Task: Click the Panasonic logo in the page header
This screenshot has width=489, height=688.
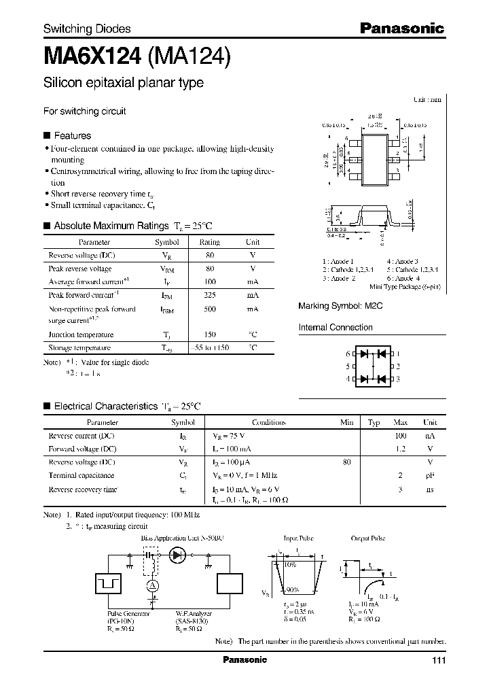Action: (401, 28)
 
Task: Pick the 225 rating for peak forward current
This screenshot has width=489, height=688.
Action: (209, 295)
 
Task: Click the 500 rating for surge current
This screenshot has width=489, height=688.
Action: (209, 309)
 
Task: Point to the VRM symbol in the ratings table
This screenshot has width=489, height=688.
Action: (167, 269)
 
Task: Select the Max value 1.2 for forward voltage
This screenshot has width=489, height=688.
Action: (400, 449)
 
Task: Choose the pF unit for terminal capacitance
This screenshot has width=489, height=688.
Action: (429, 476)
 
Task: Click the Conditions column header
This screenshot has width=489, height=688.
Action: (268, 422)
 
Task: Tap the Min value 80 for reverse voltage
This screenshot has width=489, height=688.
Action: (346, 462)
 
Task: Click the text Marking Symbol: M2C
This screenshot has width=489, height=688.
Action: (340, 307)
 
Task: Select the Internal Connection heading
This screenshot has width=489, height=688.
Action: (336, 328)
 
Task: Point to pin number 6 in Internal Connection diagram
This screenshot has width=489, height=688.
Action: (348, 354)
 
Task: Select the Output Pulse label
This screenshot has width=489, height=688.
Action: (368, 538)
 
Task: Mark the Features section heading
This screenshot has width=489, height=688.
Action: (72, 135)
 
